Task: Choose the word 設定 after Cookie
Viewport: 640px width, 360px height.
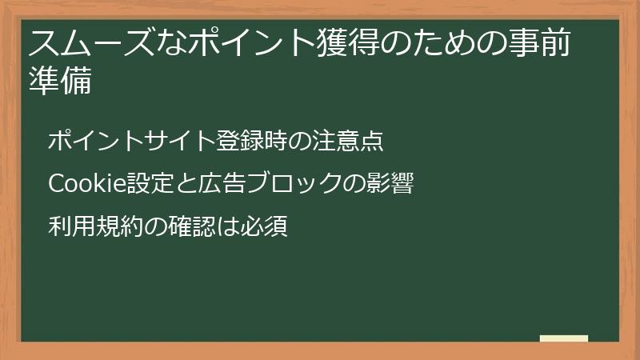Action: click(143, 185)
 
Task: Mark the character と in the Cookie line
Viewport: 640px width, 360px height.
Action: click(179, 185)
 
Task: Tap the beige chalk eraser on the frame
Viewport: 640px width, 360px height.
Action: click(564, 339)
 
